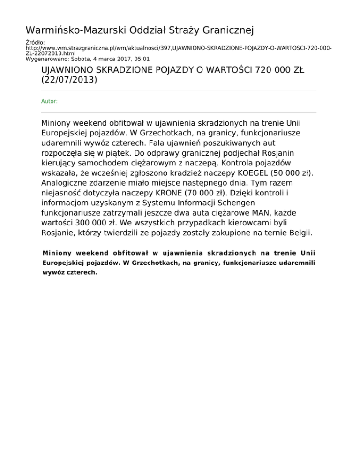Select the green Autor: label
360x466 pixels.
50,101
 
